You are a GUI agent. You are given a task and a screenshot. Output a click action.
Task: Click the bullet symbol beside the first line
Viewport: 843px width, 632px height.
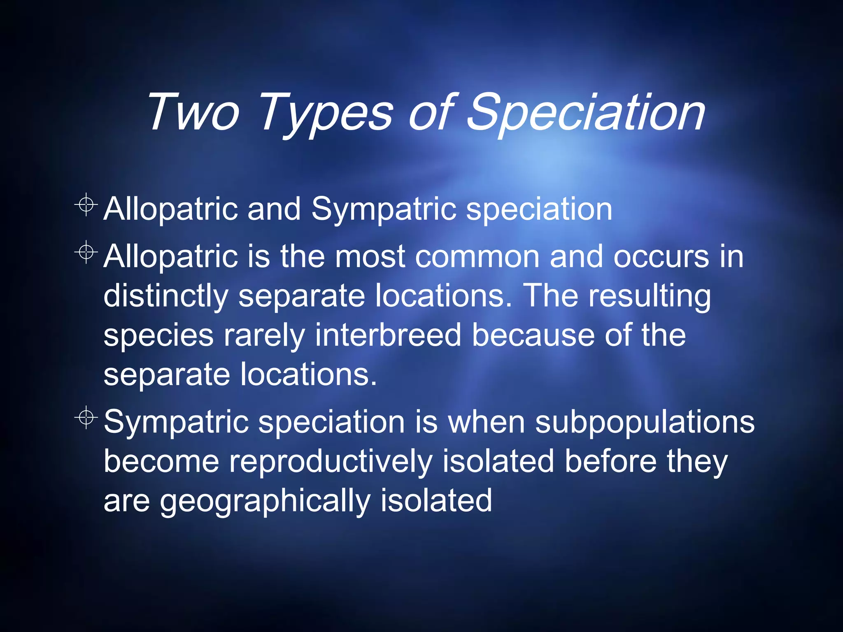click(86, 204)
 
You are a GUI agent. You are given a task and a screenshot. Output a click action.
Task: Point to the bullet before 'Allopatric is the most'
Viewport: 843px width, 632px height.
click(86, 252)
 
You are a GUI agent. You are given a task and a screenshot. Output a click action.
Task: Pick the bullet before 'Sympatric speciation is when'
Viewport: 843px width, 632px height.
click(86, 418)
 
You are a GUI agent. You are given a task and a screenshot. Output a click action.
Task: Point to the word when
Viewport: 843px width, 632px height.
click(486, 422)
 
